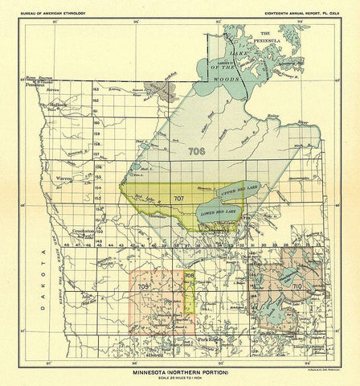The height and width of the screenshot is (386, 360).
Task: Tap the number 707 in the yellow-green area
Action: (x=178, y=197)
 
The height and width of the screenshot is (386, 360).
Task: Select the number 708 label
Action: (x=190, y=276)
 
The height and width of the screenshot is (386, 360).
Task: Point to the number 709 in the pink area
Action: (x=144, y=286)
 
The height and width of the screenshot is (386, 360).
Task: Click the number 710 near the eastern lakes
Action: (x=297, y=285)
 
